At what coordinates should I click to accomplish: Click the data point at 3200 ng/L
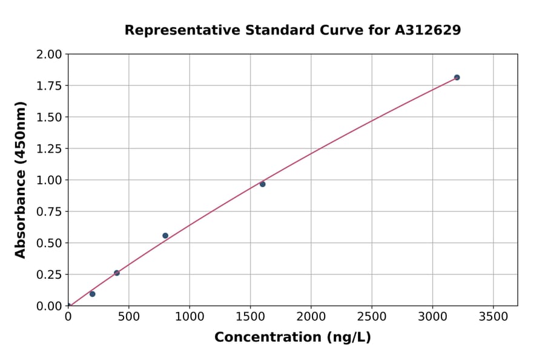457,78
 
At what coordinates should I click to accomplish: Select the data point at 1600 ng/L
262,184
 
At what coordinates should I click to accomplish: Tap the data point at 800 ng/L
165,236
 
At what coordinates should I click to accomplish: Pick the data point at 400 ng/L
117,273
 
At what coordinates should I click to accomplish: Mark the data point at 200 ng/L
92,294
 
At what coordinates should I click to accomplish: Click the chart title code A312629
428,30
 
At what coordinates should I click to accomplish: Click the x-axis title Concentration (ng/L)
292,338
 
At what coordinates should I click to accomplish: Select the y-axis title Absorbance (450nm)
21,180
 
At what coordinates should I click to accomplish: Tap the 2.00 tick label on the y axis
49,55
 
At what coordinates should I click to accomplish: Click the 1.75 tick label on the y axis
49,85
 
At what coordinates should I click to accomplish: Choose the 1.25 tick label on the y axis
49,148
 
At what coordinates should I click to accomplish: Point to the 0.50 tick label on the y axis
49,243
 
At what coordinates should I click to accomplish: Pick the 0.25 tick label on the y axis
49,275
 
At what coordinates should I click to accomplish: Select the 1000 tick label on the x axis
190,316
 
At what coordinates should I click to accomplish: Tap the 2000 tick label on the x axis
311,316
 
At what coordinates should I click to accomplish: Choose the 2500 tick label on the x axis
372,316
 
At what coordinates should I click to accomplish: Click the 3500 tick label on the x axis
494,316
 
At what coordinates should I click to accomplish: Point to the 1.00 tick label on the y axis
49,180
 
